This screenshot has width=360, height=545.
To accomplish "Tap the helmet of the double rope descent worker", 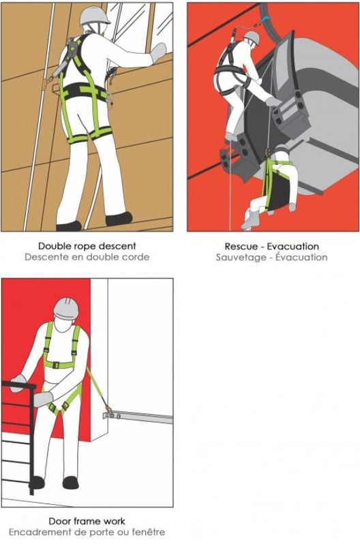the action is pos(94,16).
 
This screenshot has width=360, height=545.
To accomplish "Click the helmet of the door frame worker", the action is pos(66,309).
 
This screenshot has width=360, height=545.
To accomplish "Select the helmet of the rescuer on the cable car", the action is pos(252,37).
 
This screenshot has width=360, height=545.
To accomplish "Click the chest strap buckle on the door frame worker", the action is pos(56,365).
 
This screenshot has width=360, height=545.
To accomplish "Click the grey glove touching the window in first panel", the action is pos(158,53).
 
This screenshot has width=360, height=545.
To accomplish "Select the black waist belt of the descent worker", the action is pos(83,91).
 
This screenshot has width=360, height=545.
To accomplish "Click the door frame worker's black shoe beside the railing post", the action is pos(37,482).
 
